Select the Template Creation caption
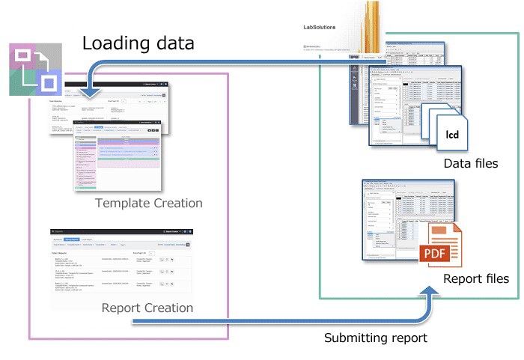[x=149, y=204]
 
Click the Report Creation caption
[x=147, y=308]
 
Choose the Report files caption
[x=475, y=279]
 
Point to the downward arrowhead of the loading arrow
[x=91, y=94]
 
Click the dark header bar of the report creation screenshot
[x=121, y=233]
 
